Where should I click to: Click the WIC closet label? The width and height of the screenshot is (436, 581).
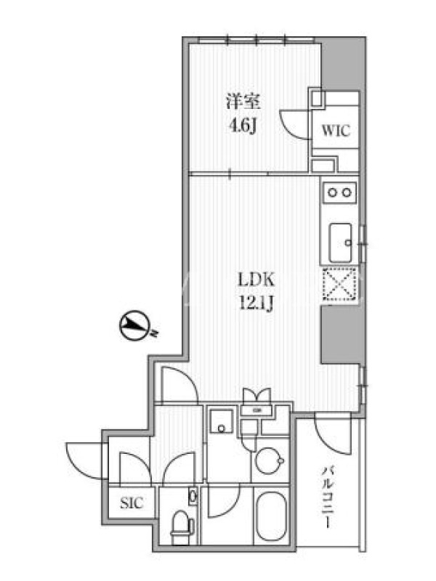[x=336, y=131]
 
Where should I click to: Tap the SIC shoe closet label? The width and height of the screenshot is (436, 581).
[x=132, y=503]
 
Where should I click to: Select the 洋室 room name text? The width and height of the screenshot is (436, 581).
[x=243, y=102]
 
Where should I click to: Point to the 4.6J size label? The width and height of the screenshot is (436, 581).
[x=243, y=126]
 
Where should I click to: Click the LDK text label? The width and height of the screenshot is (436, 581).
[x=256, y=280]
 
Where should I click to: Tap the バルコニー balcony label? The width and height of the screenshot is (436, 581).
[x=328, y=497]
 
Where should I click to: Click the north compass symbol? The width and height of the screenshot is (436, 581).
[x=135, y=325]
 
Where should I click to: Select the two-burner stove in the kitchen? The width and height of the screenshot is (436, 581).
[x=340, y=192]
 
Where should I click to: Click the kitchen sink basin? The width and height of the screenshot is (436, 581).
[x=340, y=243]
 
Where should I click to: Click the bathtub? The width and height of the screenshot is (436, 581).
[x=270, y=518]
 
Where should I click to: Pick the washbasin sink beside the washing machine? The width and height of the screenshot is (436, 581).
[x=222, y=421]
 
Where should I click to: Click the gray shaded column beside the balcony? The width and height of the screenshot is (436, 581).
[x=343, y=335]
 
